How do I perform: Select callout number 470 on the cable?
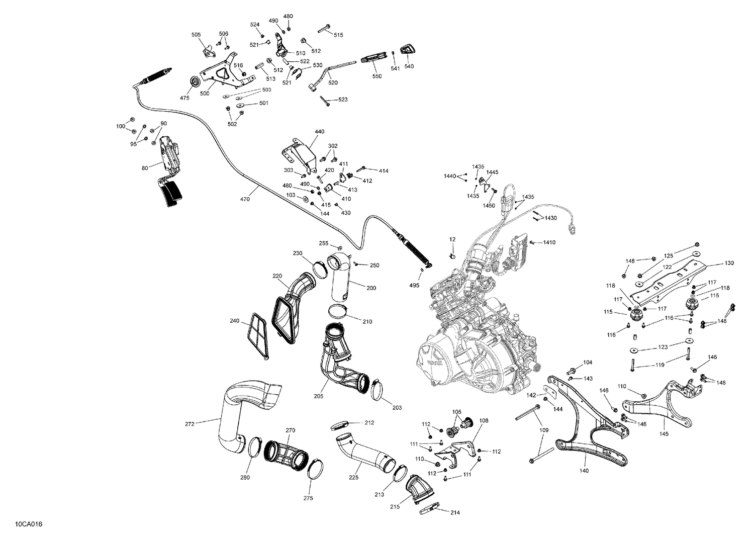pyautogui.click(x=245, y=200)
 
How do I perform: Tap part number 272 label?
pyautogui.click(x=190, y=424)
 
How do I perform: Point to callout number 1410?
pyautogui.click(x=549, y=242)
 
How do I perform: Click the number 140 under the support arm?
pyautogui.click(x=584, y=471)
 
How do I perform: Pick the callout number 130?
pyautogui.click(x=729, y=263)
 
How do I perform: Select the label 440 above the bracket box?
pyautogui.click(x=320, y=132)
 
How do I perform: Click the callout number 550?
pyautogui.click(x=377, y=76)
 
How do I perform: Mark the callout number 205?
pyautogui.click(x=318, y=396)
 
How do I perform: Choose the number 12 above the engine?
pyautogui.click(x=452, y=239)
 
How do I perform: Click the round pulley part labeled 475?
pyautogui.click(x=194, y=83)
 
